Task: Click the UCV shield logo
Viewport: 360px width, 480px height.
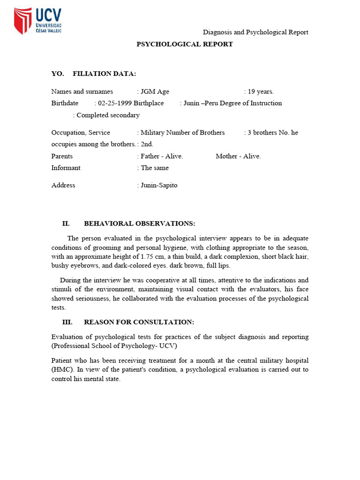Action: coord(22,21)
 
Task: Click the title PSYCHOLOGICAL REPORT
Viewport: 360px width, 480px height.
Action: coord(184,44)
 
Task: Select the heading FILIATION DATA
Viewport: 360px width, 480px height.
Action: coord(105,74)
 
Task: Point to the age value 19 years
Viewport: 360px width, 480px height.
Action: coord(261,91)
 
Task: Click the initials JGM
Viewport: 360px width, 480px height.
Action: coord(148,91)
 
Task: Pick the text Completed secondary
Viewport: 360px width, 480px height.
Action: coord(108,115)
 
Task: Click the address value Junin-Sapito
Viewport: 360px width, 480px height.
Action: coord(159,185)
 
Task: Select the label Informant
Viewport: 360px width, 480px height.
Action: coord(66,168)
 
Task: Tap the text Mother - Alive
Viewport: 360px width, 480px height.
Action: coord(238,156)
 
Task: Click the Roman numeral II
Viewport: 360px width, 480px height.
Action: coord(66,223)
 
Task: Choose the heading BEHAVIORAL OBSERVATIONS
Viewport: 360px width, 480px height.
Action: coord(140,223)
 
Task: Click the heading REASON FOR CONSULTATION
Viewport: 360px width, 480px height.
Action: coord(139,322)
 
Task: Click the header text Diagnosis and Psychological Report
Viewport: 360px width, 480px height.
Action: coord(255,32)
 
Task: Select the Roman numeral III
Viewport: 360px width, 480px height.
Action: coord(67,322)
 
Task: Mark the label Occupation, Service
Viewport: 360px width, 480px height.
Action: coord(81,133)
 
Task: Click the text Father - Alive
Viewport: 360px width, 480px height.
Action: coord(162,156)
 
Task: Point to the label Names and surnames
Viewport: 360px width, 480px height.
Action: coord(82,91)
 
